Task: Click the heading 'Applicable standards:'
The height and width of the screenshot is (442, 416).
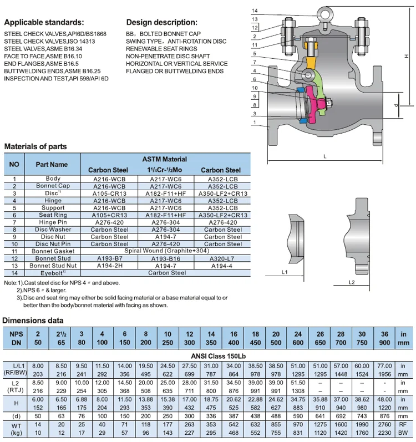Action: tap(44, 23)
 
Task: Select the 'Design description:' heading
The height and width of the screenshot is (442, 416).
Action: tap(161, 23)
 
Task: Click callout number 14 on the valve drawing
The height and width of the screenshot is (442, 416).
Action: tap(255, 11)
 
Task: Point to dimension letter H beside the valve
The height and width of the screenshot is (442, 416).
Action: tap(407, 56)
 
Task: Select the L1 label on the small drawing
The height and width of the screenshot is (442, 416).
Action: tap(283, 272)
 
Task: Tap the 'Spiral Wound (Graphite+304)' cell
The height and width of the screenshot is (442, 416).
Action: tap(167, 251)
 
